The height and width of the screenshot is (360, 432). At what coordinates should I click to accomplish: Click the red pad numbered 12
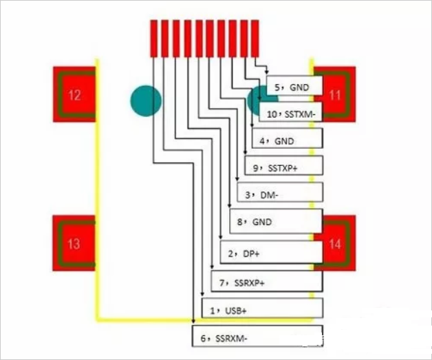(74, 94)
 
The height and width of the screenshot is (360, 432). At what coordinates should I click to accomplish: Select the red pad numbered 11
(335, 94)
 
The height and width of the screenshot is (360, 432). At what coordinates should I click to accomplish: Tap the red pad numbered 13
(74, 243)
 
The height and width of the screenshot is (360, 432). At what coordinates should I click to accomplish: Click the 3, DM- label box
(279, 195)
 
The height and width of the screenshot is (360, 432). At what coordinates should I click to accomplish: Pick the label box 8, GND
(275, 222)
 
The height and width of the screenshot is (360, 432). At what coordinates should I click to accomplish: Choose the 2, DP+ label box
(271, 253)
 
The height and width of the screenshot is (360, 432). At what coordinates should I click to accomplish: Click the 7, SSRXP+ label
(266, 282)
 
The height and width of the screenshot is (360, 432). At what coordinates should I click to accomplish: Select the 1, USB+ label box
(262, 309)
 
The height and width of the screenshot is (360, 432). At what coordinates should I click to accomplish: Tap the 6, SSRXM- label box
(257, 337)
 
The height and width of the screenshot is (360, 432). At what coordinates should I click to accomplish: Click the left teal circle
(146, 100)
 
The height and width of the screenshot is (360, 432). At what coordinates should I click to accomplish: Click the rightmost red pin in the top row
(255, 38)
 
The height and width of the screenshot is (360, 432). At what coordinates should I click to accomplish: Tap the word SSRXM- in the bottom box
(231, 338)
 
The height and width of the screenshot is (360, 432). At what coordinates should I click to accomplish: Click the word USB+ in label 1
(236, 310)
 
